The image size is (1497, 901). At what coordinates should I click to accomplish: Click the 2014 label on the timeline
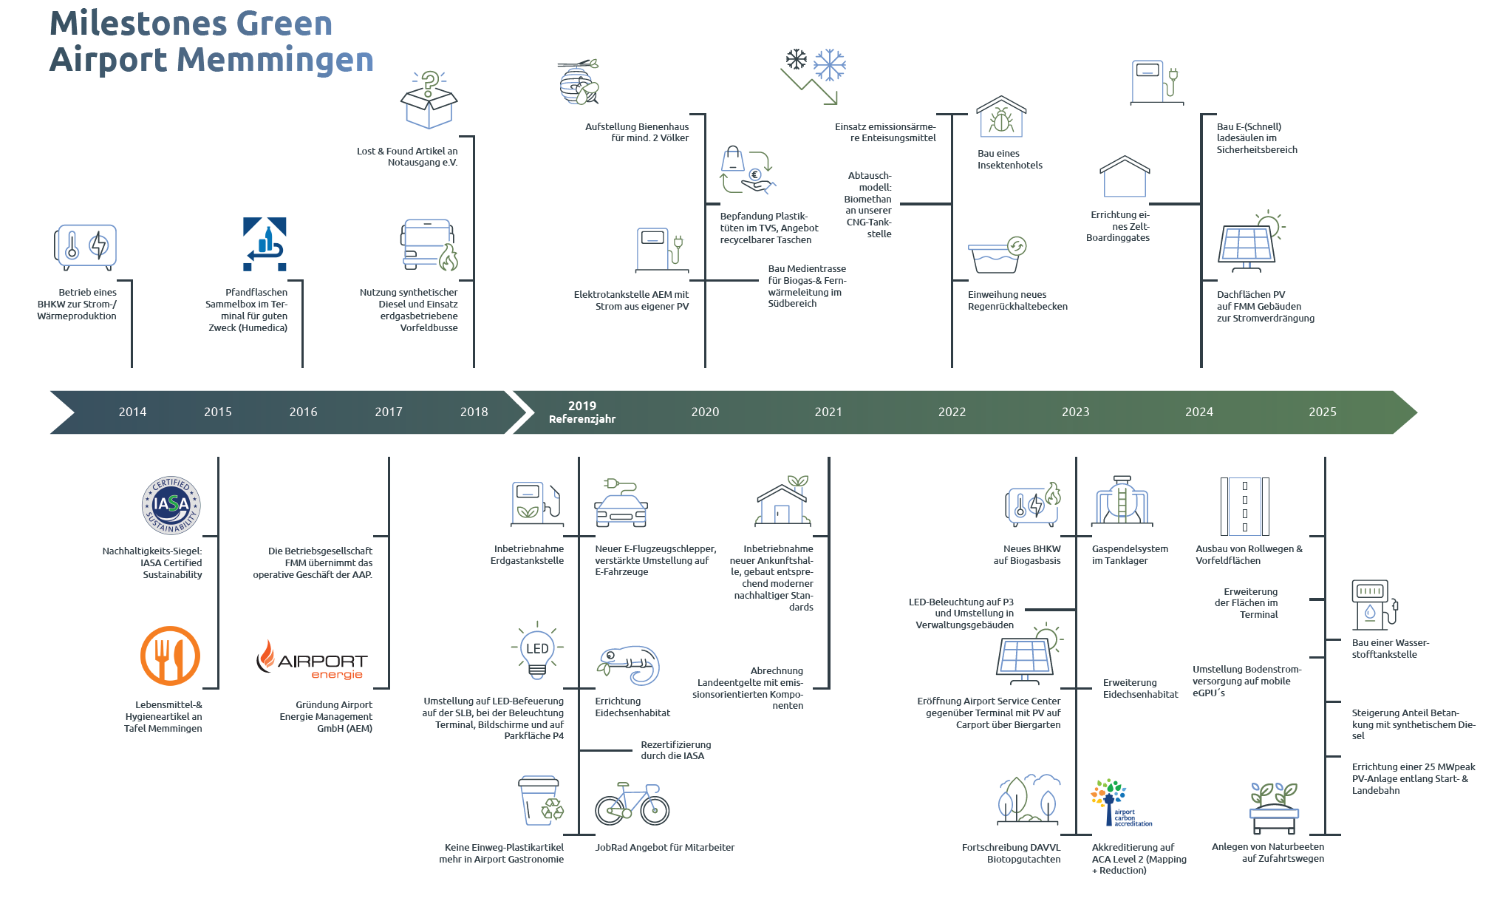point(132,412)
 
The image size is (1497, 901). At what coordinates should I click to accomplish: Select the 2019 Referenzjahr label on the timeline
point(582,412)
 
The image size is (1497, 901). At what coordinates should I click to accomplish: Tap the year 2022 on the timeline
point(952,412)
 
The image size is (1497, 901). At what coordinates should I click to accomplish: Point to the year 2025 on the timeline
point(1322,412)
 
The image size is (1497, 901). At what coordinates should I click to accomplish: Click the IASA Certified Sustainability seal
point(171,506)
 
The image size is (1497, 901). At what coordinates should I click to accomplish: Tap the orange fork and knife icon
point(170,656)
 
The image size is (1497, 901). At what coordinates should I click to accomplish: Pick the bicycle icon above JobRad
point(632,804)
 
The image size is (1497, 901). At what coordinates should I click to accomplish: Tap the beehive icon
point(578,82)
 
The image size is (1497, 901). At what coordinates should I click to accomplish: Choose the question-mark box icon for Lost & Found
point(429,101)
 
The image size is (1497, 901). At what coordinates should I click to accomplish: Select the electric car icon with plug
point(621,503)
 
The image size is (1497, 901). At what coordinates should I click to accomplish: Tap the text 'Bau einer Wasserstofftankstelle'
point(1390,648)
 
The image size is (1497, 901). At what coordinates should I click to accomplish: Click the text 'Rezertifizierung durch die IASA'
point(675,750)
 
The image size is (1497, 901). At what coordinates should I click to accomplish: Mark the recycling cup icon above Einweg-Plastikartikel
point(541,800)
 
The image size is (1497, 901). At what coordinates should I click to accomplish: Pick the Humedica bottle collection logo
point(265,244)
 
